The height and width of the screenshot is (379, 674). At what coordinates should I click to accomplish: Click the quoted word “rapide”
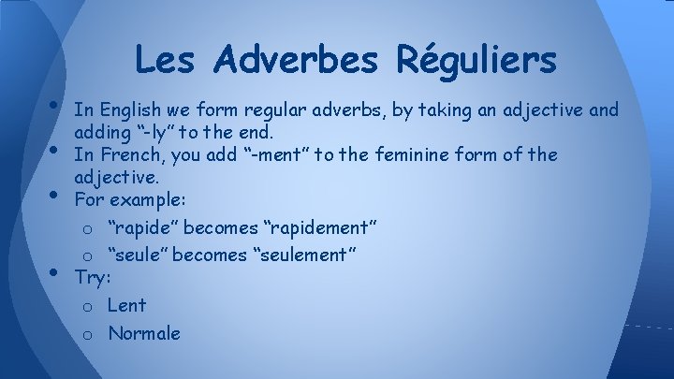(x=141, y=226)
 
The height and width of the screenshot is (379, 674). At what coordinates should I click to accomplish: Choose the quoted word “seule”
(x=137, y=255)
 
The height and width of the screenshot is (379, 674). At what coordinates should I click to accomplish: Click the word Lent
(x=126, y=305)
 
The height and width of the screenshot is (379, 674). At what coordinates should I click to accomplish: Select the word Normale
(x=143, y=333)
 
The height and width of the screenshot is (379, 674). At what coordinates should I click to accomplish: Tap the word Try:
(x=92, y=277)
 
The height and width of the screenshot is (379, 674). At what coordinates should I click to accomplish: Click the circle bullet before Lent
(x=85, y=306)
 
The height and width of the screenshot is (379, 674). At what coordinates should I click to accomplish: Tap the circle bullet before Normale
(x=85, y=334)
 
